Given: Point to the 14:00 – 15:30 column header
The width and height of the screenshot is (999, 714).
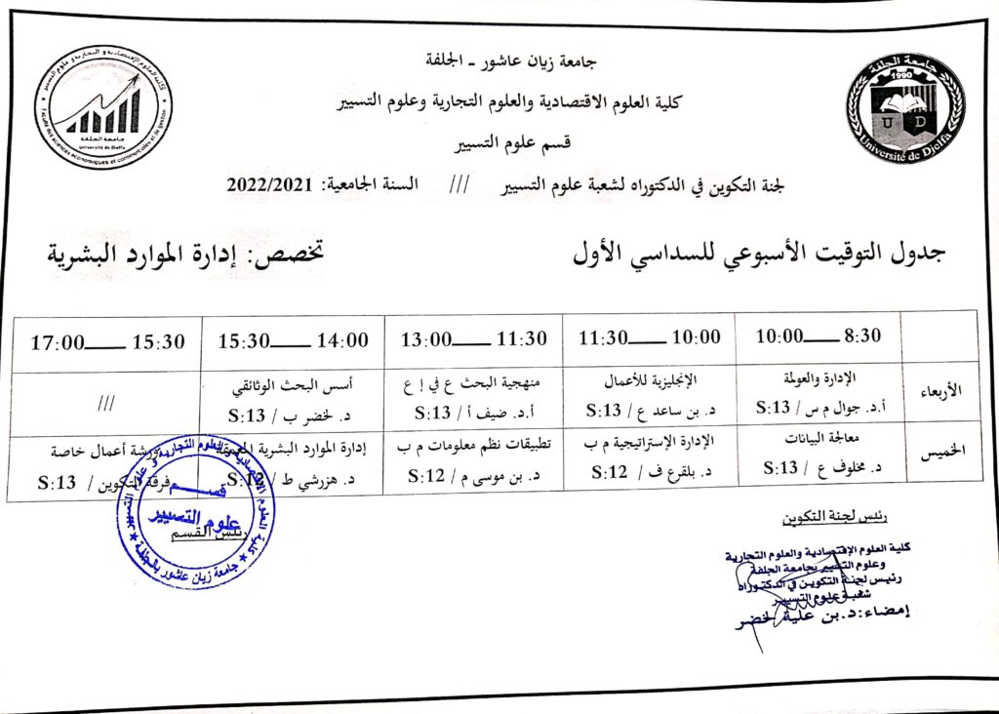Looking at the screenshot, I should tap(293, 340).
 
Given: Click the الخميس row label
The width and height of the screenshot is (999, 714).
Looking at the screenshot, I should tap(940, 456).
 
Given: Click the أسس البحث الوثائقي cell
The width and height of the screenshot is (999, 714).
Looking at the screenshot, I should tap(293, 391).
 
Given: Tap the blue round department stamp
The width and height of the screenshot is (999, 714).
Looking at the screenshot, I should tap(196, 509).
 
